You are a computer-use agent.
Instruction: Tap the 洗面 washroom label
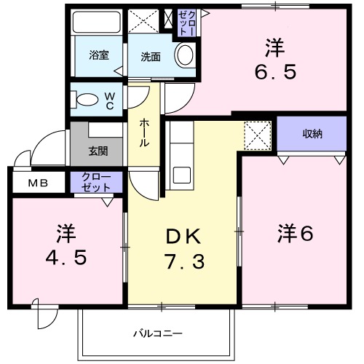pos(151,57)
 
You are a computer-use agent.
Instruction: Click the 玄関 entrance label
pos(98,151)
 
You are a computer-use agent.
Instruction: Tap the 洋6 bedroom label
pos(295,234)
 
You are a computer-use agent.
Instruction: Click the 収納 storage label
pos(313,134)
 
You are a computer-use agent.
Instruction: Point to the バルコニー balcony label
pos(157,333)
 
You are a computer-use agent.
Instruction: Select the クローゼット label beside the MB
pos(96,182)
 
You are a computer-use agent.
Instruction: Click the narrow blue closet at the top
pos(186,23)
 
